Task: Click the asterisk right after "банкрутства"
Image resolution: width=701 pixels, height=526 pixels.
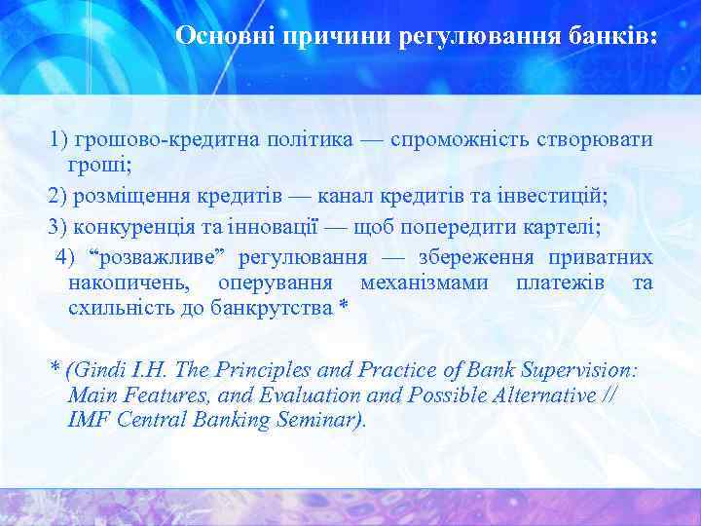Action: [x=342, y=308]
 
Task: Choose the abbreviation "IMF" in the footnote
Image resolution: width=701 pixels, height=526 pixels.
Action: [x=89, y=420]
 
